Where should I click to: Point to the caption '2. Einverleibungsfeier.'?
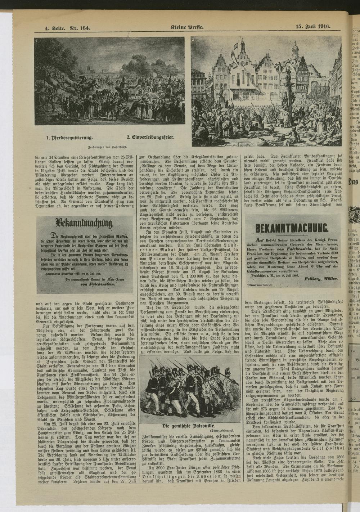(151, 137)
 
